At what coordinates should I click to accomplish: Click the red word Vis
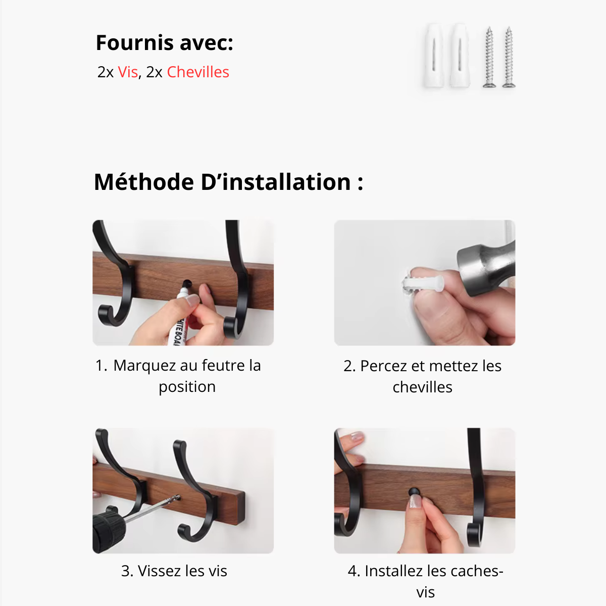tap(128, 72)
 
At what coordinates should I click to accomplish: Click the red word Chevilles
tap(198, 72)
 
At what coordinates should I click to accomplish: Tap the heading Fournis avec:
tap(165, 42)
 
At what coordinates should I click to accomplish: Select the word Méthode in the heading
tap(144, 182)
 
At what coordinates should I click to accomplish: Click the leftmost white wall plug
tap(434, 56)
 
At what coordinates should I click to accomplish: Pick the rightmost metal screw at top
tap(509, 57)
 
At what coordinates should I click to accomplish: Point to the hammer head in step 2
tap(486, 268)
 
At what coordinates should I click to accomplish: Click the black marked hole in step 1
tap(187, 283)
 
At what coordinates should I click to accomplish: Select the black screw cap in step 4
tap(414, 491)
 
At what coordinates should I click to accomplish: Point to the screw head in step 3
tap(178, 497)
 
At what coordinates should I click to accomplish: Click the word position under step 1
tap(187, 387)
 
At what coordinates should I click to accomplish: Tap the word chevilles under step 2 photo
tap(423, 387)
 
